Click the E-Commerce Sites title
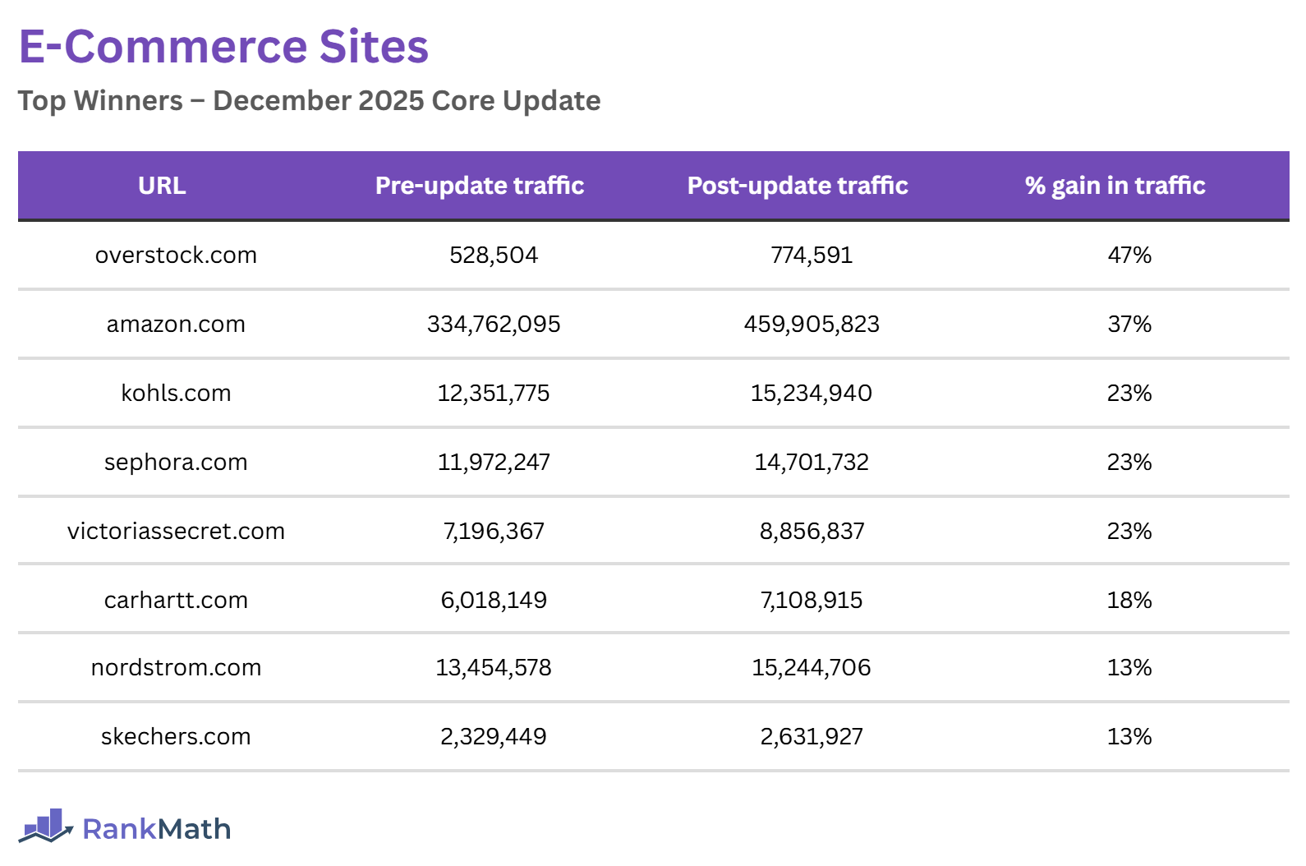coord(223,47)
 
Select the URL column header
coord(162,186)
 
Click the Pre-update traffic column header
coord(480,186)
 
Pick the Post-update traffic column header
coord(798,186)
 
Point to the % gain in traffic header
coord(1115,186)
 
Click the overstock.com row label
coord(176,256)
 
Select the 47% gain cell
coord(1129,256)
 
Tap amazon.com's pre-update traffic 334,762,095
coord(494,325)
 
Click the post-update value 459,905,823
coord(812,325)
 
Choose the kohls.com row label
coord(176,394)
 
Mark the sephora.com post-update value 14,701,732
coord(812,463)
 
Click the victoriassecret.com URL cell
coord(176,532)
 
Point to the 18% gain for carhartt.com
coord(1129,601)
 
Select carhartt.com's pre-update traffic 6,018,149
coord(494,601)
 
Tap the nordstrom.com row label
coord(176,668)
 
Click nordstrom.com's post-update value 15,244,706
coord(812,668)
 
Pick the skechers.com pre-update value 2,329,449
coord(494,737)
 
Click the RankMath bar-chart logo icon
coord(46,827)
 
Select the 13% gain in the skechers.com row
coord(1129,737)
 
